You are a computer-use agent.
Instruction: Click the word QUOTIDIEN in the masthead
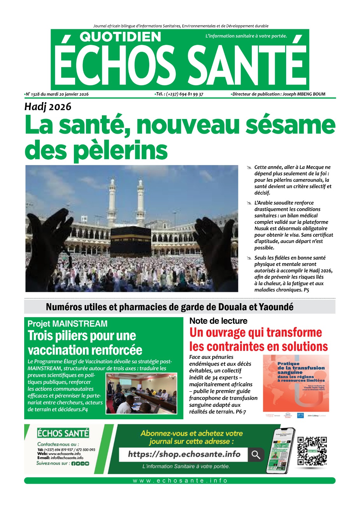120,37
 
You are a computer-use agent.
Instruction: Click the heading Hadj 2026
48,107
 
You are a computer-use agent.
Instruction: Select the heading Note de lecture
218,321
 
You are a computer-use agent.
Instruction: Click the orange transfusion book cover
296,383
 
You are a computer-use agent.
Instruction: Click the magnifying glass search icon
256,455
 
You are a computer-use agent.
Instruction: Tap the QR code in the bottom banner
312,451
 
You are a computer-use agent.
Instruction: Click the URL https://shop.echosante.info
184,454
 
